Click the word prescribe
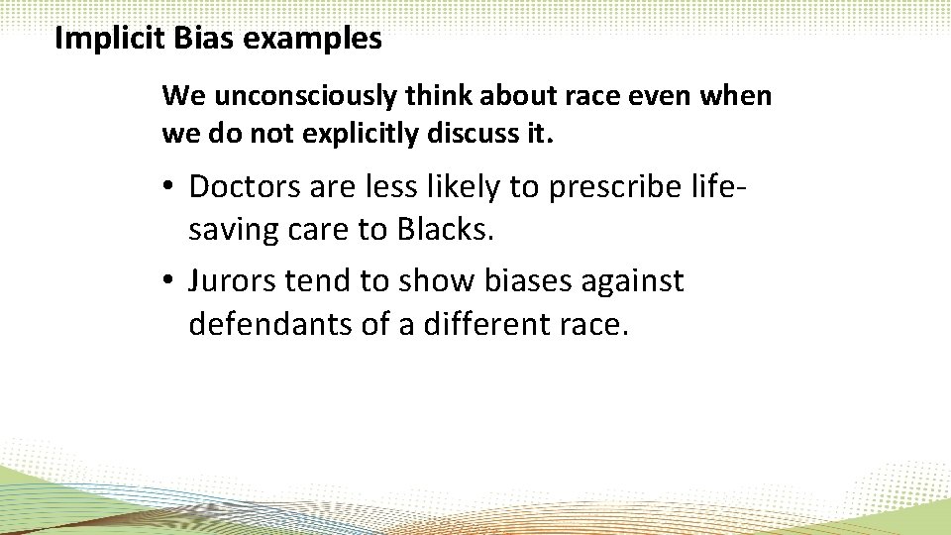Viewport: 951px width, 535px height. (x=616, y=186)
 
